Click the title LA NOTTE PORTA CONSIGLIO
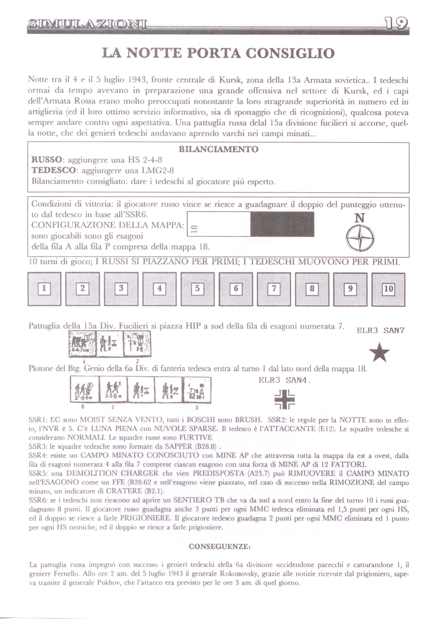coord(218,53)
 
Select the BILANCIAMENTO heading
coord(218,149)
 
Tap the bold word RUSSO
coord(46,160)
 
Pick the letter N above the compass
coord(360,218)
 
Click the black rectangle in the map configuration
coord(282,224)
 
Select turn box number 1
coord(44,289)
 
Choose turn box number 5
coord(197,289)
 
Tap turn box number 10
coord(389,289)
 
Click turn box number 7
coord(274,289)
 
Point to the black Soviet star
coord(380,352)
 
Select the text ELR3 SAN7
coord(380,330)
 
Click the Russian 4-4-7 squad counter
coord(83,345)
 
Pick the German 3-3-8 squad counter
coord(113,389)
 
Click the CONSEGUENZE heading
coord(219,547)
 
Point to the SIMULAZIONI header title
coord(87,23)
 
